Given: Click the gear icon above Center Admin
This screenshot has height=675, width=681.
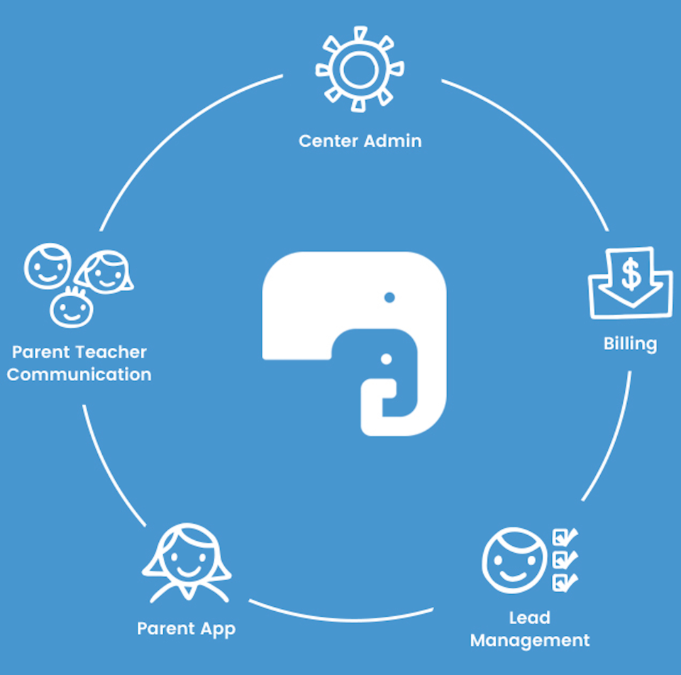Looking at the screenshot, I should point(360,69).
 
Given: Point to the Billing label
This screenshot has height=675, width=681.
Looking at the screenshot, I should point(630,344).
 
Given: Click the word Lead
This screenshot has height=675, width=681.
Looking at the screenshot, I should point(529,618).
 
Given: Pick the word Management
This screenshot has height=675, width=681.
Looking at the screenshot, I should point(529,640).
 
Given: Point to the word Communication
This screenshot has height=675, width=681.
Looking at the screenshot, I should point(79,375).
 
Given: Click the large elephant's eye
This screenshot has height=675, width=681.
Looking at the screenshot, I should point(389,297).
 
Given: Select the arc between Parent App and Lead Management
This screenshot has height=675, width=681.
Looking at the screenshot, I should point(340,616).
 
